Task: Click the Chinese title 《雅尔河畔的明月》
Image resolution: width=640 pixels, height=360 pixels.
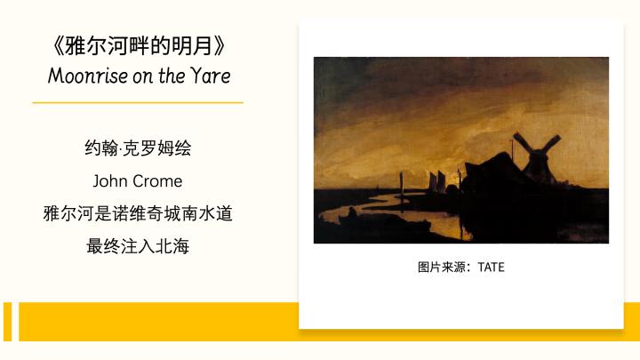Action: (138, 45)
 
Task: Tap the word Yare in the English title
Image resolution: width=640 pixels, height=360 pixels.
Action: (211, 76)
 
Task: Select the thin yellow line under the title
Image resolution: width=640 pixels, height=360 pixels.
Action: (138, 102)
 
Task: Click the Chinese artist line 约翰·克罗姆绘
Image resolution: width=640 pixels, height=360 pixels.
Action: (138, 148)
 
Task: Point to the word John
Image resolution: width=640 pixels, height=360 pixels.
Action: (108, 180)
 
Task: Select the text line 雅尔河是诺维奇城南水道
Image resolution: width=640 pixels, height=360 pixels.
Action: (138, 213)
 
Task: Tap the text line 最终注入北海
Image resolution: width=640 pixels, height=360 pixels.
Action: (138, 246)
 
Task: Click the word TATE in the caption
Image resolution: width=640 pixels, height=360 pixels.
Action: (491, 267)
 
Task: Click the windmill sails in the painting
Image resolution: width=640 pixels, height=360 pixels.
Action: (536, 148)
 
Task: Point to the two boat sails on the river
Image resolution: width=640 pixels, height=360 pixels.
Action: (436, 180)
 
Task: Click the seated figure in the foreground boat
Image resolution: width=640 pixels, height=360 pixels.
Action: (352, 212)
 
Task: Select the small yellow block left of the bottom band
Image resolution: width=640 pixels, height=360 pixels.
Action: (8, 322)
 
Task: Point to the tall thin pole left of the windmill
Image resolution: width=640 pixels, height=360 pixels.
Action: (512, 149)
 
